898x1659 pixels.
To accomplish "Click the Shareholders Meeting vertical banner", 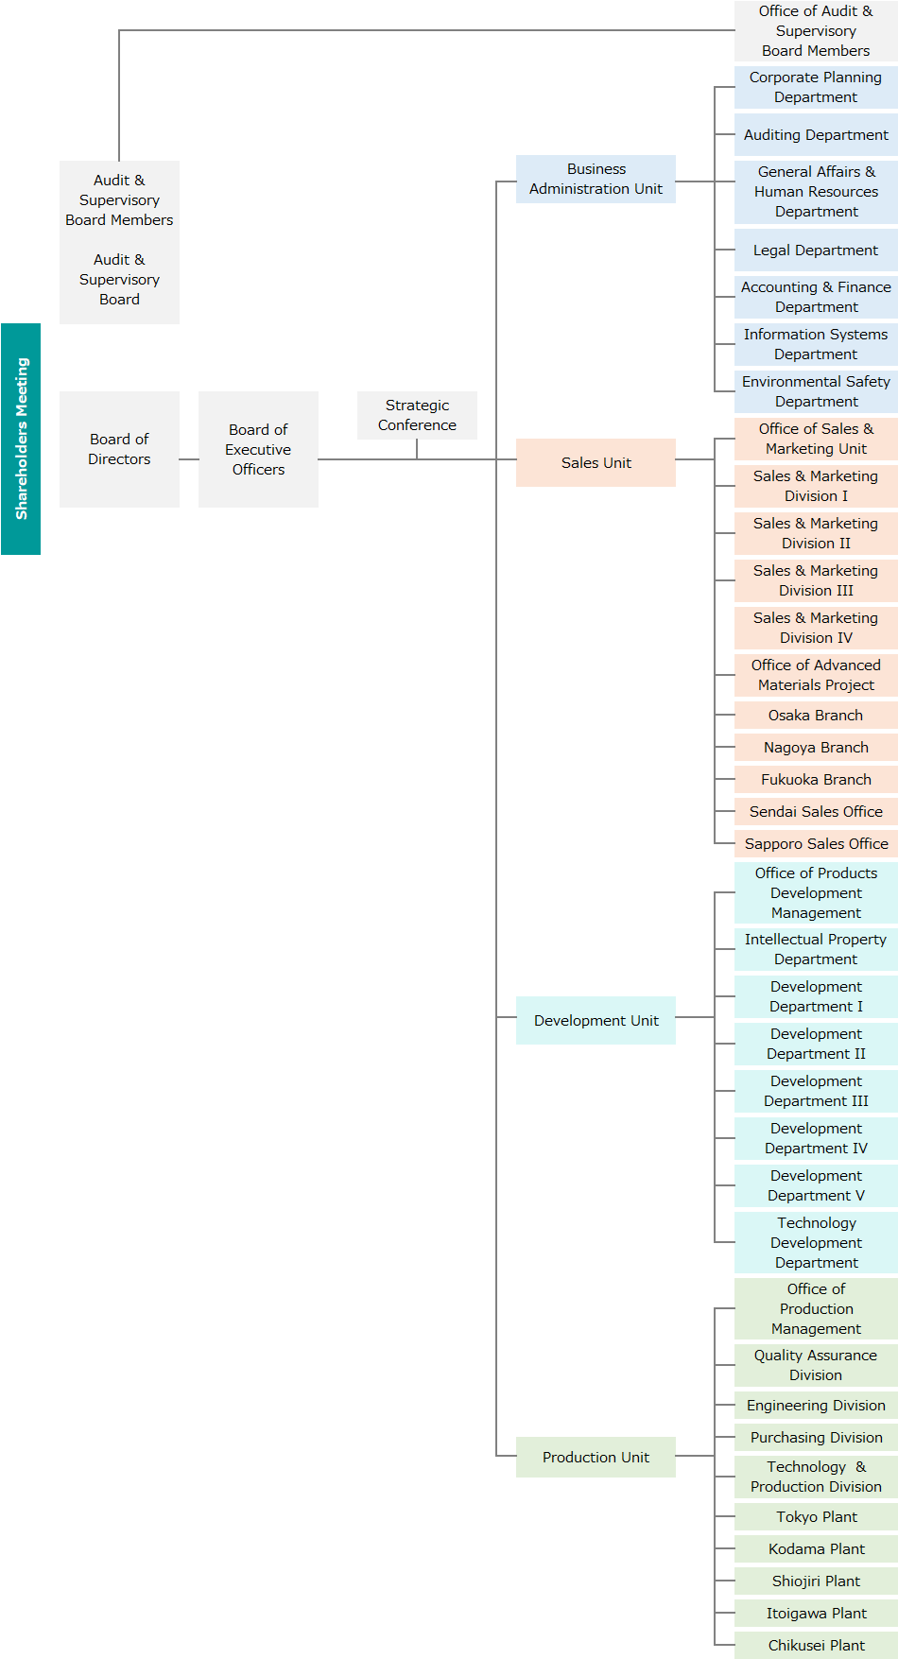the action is click(21, 439).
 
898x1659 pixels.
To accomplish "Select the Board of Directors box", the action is click(119, 449).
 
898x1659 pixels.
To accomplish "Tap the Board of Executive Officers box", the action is click(258, 449).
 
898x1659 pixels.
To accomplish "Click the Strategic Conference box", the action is click(417, 415).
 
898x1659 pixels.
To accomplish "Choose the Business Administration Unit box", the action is click(596, 179).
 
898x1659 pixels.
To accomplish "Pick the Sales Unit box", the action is click(596, 462).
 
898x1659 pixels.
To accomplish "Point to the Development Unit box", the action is click(596, 1020).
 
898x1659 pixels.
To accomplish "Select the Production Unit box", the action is click(596, 1457).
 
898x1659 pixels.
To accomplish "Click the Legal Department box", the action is click(816, 250).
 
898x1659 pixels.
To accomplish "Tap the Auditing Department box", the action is click(816, 134).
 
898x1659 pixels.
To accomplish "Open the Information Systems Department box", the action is click(816, 344).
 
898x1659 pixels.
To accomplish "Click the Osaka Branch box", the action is click(816, 715).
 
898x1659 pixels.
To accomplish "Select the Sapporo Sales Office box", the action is click(816, 843).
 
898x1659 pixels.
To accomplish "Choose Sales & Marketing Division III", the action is click(816, 580).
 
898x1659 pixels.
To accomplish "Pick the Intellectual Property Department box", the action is click(816, 949).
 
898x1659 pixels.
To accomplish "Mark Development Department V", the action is click(816, 1185).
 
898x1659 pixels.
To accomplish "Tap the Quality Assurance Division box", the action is click(816, 1365).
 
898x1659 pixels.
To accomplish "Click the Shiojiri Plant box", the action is click(816, 1581).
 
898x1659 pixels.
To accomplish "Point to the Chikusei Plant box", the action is click(816, 1645).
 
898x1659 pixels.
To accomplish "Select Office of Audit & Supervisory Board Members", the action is click(816, 30).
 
